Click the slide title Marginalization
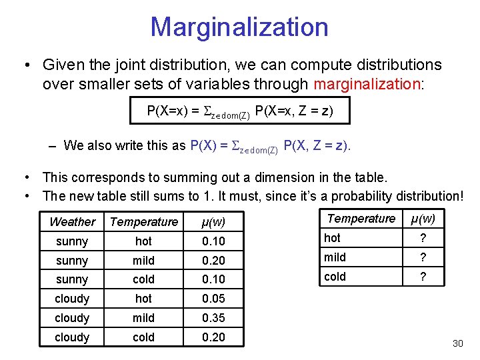(239, 27)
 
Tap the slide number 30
(457, 343)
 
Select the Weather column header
(72, 222)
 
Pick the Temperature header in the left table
(144, 222)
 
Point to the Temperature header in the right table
(361, 219)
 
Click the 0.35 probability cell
(213, 318)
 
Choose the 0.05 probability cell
(213, 299)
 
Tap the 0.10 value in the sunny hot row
(213, 241)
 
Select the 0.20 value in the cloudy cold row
(213, 337)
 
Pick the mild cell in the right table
(335, 257)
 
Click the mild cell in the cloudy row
(143, 318)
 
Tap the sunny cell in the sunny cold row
(72, 279)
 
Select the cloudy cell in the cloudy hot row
(72, 299)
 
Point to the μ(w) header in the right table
(423, 219)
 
